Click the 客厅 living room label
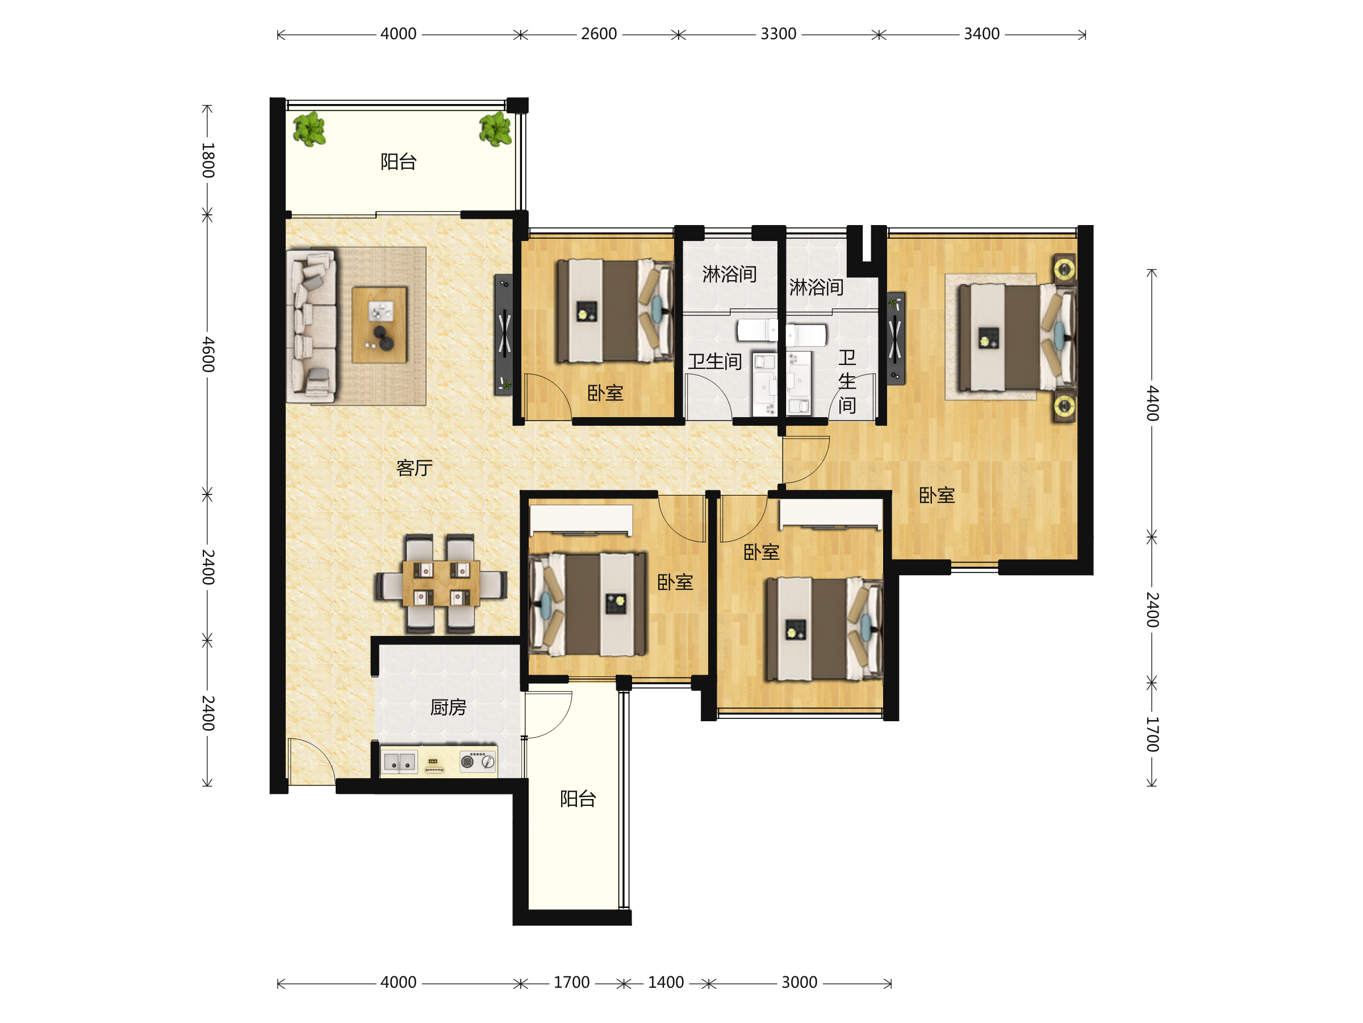(x=414, y=468)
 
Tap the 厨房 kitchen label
(x=448, y=706)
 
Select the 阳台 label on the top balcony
(x=399, y=161)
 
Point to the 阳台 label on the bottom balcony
(x=578, y=799)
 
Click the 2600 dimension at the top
(x=599, y=34)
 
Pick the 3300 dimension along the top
(x=778, y=34)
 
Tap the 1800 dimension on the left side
(x=208, y=160)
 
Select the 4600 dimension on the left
(x=208, y=354)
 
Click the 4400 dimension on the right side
(x=1152, y=404)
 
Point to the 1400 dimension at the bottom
(x=666, y=982)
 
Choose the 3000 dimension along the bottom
(x=799, y=982)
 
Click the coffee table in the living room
(x=379, y=325)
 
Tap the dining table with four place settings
(x=441, y=583)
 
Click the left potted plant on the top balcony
(x=310, y=129)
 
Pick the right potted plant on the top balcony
(x=496, y=129)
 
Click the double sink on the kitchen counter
(x=400, y=763)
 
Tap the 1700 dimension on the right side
(x=1152, y=734)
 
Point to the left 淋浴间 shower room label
(x=730, y=274)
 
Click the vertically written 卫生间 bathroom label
(x=847, y=382)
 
